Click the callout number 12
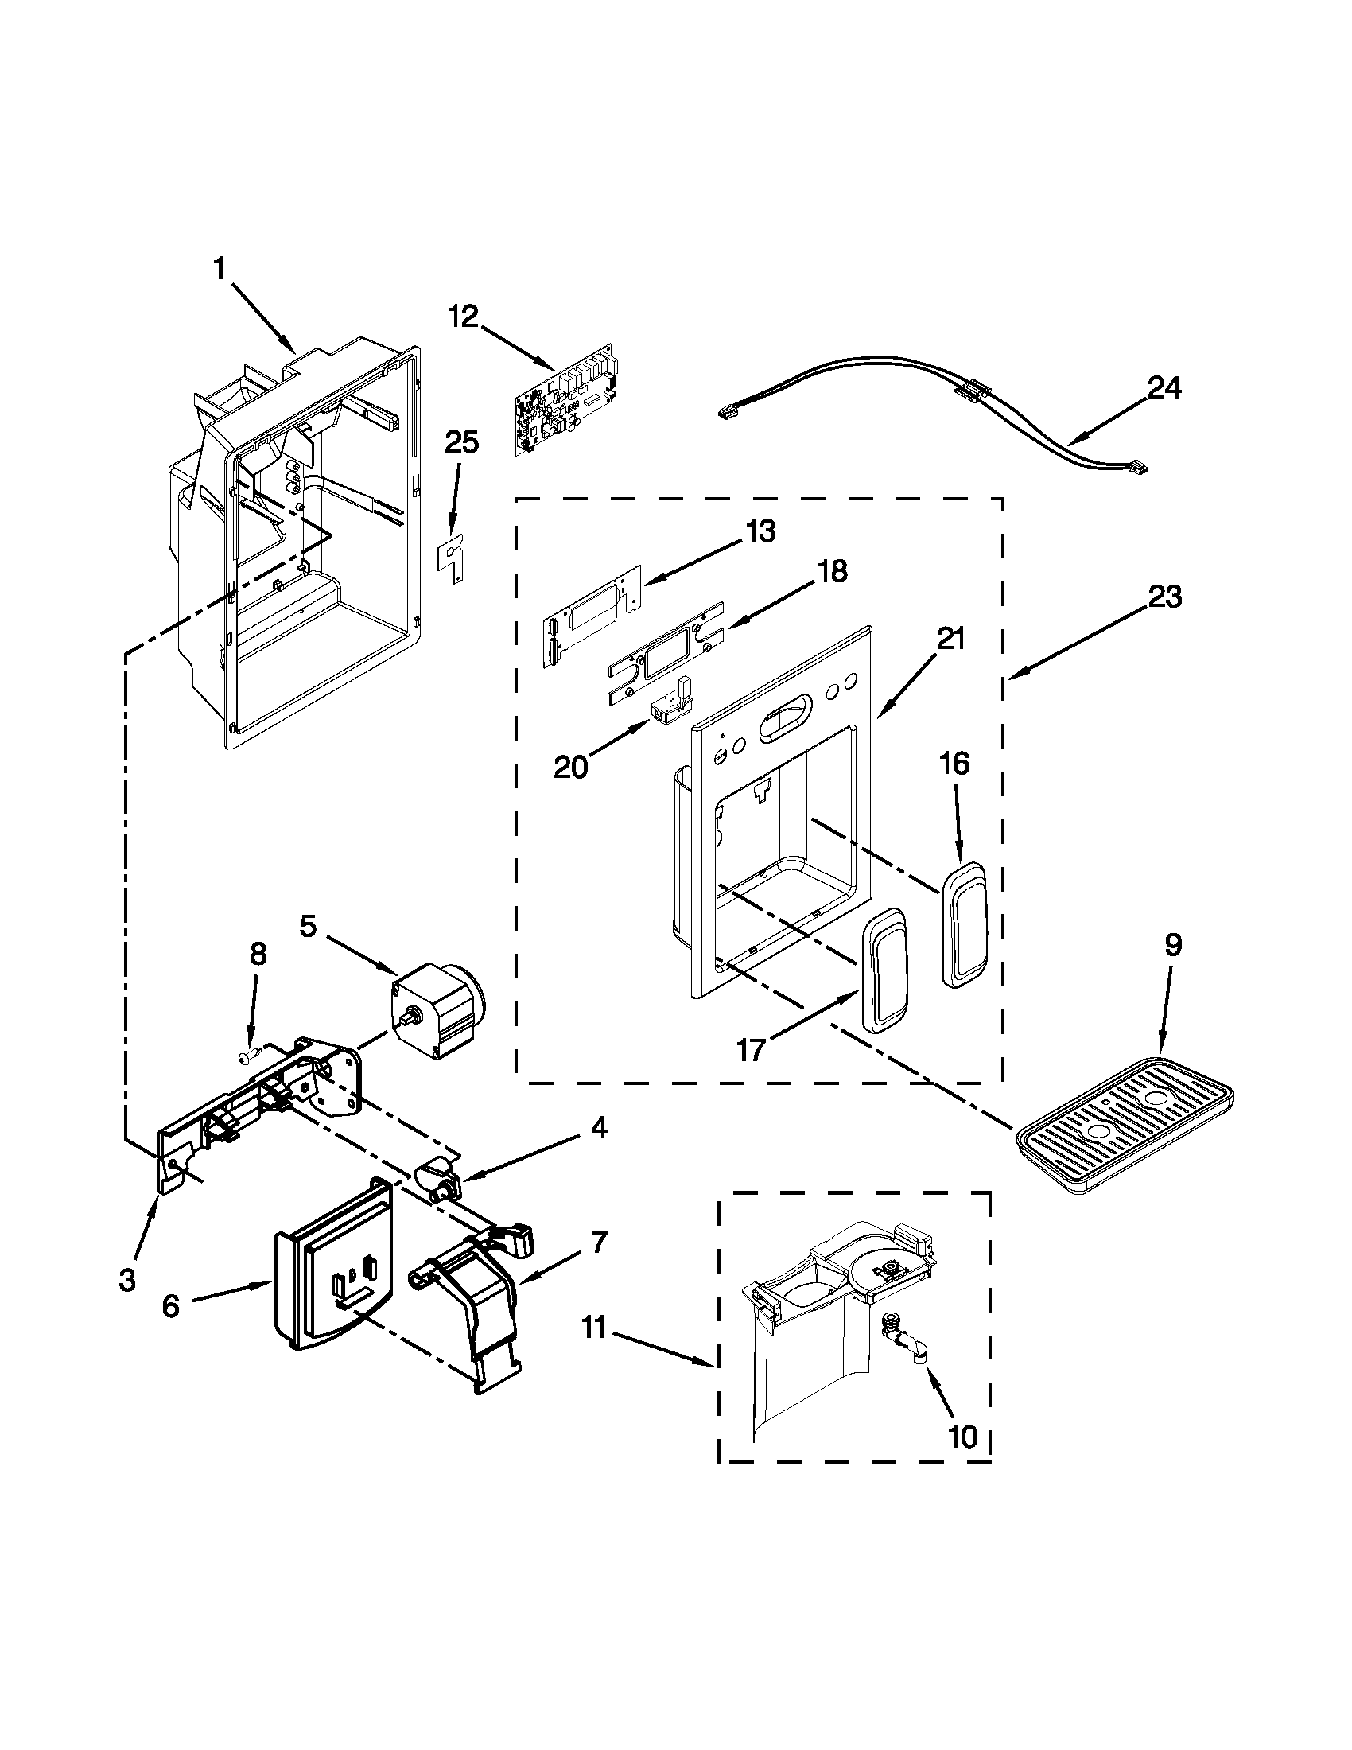click(x=462, y=317)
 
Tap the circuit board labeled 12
click(x=563, y=401)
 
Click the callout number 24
click(x=1164, y=389)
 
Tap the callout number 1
click(x=220, y=270)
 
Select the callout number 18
click(x=832, y=572)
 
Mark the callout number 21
click(x=952, y=640)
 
